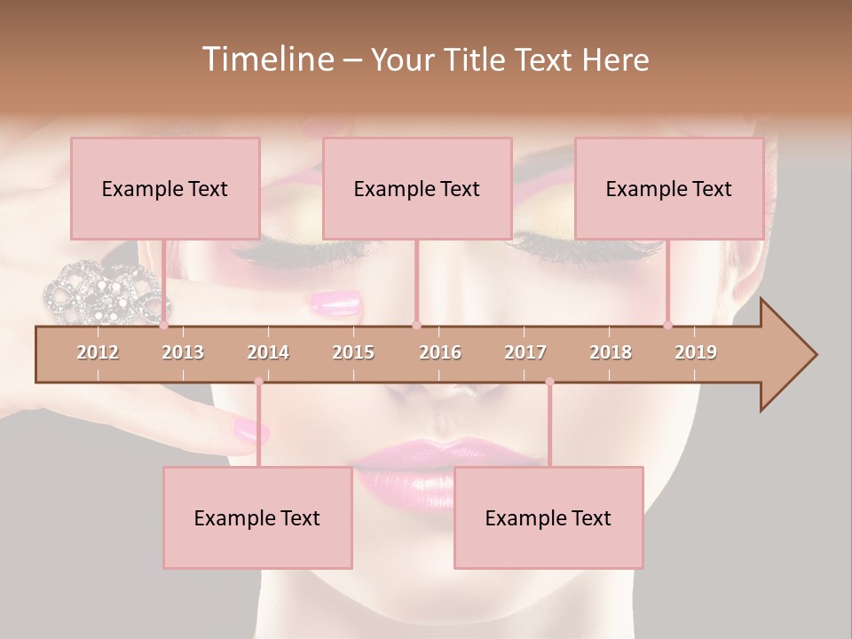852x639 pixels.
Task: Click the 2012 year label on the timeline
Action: click(x=98, y=353)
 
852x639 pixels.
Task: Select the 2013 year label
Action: click(x=183, y=353)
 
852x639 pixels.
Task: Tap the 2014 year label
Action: click(x=268, y=353)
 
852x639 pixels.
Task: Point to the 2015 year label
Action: click(x=353, y=353)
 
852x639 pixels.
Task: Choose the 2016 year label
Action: click(x=440, y=353)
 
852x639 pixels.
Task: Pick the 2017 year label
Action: click(x=525, y=353)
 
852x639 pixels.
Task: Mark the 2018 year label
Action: click(x=611, y=353)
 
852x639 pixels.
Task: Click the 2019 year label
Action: click(x=696, y=353)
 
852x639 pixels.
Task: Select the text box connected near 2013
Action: click(x=165, y=188)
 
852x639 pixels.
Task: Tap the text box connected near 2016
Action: click(x=417, y=188)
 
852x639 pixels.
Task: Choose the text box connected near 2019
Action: click(x=669, y=188)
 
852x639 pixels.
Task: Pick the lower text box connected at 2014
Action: click(x=257, y=517)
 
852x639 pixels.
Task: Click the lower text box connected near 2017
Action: click(x=548, y=517)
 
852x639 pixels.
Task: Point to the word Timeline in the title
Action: click(x=266, y=59)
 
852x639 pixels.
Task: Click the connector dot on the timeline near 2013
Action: click(x=163, y=326)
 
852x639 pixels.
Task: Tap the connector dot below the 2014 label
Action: click(x=258, y=382)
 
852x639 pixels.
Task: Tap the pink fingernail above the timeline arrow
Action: click(x=336, y=304)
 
